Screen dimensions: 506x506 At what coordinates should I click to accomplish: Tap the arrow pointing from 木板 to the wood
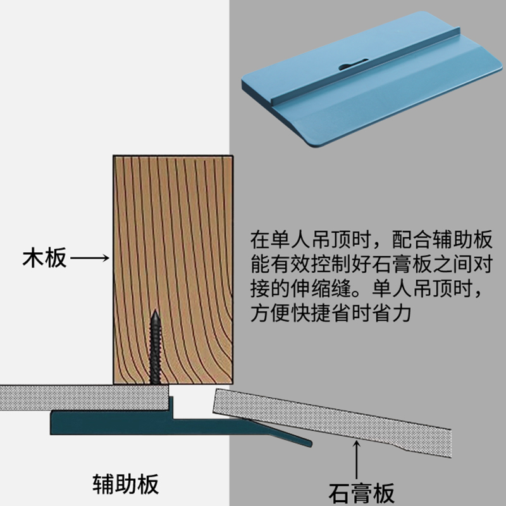tap(90, 258)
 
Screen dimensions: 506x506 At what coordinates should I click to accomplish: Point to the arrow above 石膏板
tap(358, 460)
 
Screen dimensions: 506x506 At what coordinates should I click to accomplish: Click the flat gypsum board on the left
tap(82, 397)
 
